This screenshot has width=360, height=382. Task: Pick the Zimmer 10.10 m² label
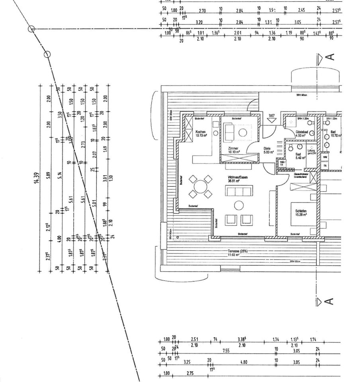pyautogui.click(x=233, y=150)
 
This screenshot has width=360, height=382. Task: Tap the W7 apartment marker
pyautogui.click(x=272, y=116)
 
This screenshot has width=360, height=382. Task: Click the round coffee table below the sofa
pyautogui.click(x=239, y=205)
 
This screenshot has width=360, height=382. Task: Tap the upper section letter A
pyautogui.click(x=330, y=57)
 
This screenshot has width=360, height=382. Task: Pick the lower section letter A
pyautogui.click(x=330, y=302)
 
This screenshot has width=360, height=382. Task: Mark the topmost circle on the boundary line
pyautogui.click(x=31, y=29)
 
